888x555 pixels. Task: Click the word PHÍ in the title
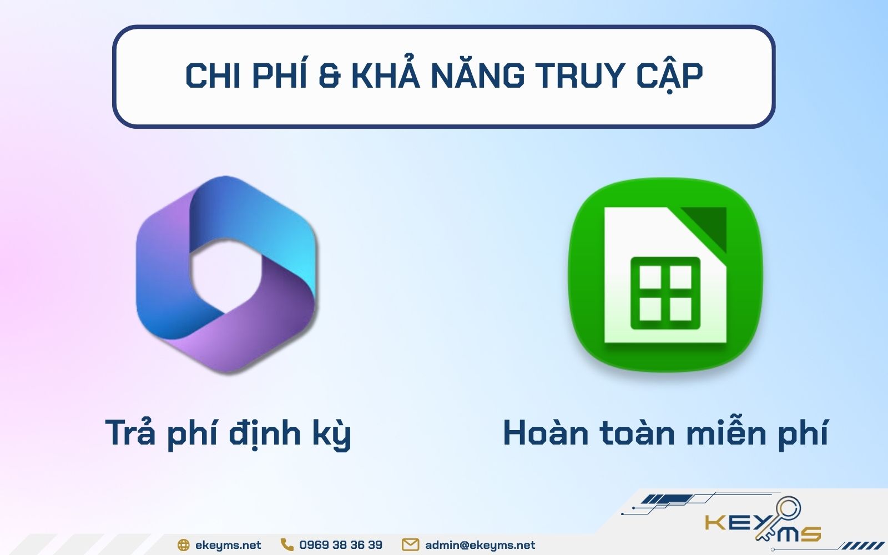279,76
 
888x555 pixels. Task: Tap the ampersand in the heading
329,77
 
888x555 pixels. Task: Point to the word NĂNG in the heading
478,76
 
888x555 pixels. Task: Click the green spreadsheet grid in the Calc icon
665,292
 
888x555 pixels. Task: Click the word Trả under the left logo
130,432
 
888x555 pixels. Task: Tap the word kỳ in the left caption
331,435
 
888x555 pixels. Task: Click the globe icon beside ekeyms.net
183,545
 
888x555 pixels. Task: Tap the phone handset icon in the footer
286,544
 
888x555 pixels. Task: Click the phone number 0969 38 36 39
340,545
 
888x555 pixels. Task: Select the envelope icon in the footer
410,545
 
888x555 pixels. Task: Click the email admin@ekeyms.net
480,545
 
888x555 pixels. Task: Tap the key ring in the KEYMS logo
788,509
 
